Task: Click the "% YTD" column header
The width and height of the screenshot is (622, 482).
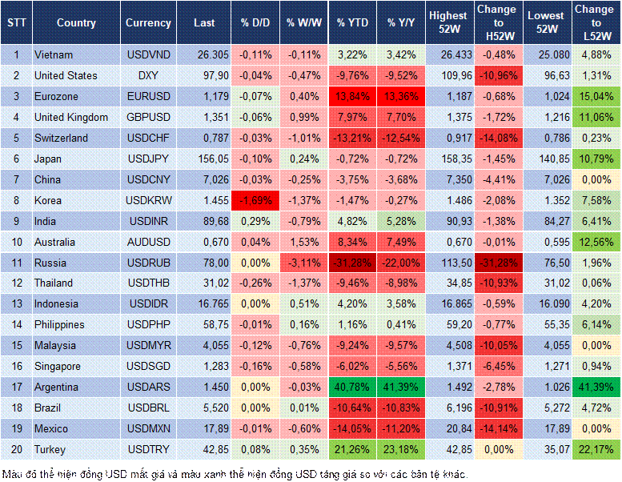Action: point(352,22)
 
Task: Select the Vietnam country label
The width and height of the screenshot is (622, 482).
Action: point(54,54)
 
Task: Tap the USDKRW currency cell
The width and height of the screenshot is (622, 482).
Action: point(148,200)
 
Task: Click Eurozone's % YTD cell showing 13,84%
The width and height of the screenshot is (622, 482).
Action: point(352,96)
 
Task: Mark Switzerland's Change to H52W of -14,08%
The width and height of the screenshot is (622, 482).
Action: point(498,138)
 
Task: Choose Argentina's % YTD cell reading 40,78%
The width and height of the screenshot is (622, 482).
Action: point(352,388)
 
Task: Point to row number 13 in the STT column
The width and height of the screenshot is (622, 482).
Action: point(15,304)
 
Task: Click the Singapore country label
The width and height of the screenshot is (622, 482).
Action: point(58,367)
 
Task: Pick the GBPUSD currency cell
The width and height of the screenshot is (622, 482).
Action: point(148,117)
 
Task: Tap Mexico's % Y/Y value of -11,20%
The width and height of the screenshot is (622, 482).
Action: point(402,429)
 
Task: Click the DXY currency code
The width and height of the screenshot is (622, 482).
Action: point(148,75)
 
